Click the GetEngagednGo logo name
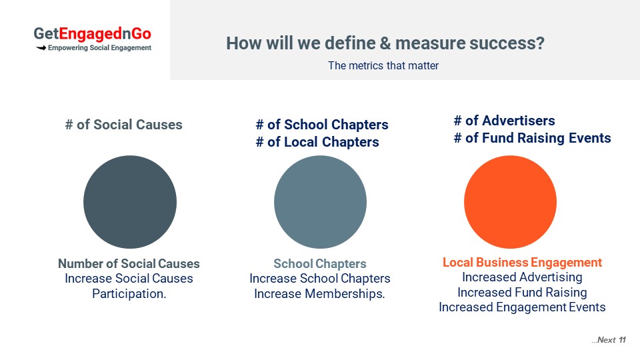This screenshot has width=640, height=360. (x=92, y=34)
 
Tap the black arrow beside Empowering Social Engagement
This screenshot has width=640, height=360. (x=41, y=48)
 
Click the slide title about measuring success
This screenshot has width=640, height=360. (x=385, y=43)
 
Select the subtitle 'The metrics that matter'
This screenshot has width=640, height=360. (x=383, y=66)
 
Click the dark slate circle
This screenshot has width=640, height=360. (x=130, y=201)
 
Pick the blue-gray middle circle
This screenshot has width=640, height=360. (x=320, y=201)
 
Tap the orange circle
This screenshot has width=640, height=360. (x=510, y=201)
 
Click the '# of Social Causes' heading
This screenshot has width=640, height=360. (x=124, y=125)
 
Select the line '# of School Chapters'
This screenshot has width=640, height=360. (x=322, y=125)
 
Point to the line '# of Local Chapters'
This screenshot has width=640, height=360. (x=317, y=142)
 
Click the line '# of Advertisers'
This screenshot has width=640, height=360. (x=505, y=121)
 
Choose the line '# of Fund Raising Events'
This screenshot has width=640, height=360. (x=532, y=138)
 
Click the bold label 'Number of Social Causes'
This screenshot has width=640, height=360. (x=129, y=264)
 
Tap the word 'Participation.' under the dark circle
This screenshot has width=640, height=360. (x=129, y=294)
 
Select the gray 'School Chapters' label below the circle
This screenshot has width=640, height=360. (x=320, y=264)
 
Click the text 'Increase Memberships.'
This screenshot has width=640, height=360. (x=319, y=294)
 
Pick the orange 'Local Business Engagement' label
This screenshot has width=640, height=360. (x=523, y=263)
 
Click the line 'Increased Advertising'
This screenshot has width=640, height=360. (x=522, y=277)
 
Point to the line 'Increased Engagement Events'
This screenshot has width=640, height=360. (x=522, y=307)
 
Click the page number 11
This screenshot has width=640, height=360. (x=622, y=340)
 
